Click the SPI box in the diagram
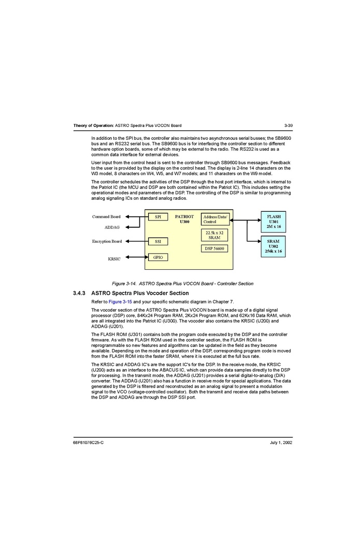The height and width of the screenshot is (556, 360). coord(157,217)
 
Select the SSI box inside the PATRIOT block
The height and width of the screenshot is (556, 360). coord(157,241)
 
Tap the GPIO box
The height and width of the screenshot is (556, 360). coord(157,257)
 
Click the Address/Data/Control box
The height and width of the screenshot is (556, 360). coord(215,219)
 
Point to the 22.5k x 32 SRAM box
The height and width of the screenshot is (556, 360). coord(214,235)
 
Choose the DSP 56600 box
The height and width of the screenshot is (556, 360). coord(214,248)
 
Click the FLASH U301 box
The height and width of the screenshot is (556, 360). coord(273,222)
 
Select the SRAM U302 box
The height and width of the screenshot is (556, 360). coord(273,246)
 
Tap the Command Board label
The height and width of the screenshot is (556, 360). coord(106,217)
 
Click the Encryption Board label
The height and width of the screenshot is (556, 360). coord(107,241)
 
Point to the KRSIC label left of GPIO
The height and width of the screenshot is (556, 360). coord(114,259)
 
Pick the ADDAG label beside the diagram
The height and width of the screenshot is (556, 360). coord(112,227)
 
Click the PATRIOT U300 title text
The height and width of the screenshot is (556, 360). coord(184,219)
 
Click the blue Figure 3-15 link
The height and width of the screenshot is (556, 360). coord(120,302)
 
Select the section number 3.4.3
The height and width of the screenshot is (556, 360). coord(80,294)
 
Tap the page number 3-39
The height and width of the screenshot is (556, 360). coord(289,126)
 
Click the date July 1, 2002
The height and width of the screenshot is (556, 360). coord(281,443)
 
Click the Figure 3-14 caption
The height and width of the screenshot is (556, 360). coord(183,284)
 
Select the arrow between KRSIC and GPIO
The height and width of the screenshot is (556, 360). coord(137,257)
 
